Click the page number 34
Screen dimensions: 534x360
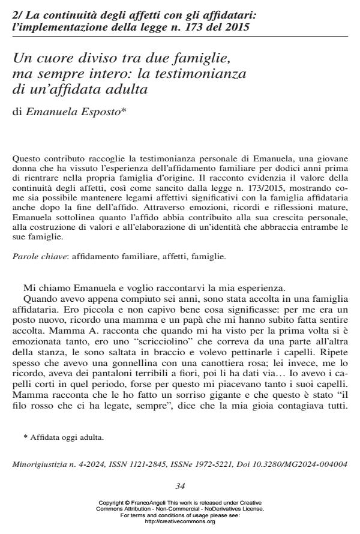pyautogui.click(x=180, y=485)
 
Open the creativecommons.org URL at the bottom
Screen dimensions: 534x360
pyautogui.click(x=180, y=521)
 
